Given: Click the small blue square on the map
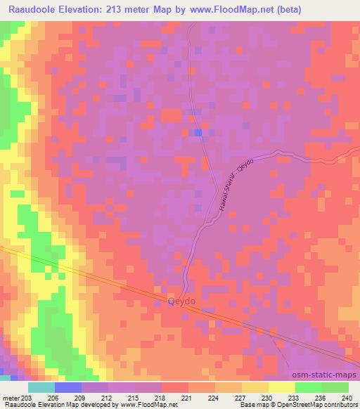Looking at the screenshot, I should coord(198,132).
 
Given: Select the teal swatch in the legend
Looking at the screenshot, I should coord(41,387).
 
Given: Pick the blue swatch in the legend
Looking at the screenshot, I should coord(68,387).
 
